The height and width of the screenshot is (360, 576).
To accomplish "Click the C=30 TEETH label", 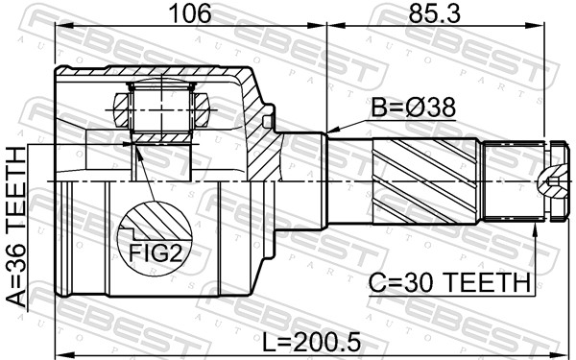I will tap(450, 282).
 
